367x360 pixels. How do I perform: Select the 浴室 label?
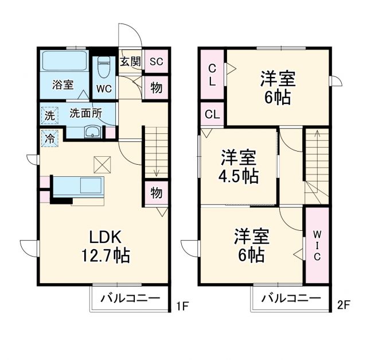pyautogui.click(x=63, y=85)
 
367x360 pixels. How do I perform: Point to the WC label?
pyautogui.click(x=104, y=89)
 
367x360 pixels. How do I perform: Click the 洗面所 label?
pyautogui.click(x=86, y=113)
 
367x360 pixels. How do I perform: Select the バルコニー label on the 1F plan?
pyautogui.click(x=130, y=298)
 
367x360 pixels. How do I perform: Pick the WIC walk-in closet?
pyautogui.click(x=317, y=246)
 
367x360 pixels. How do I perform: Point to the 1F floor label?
pyautogui.click(x=181, y=306)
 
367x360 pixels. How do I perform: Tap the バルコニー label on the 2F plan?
pyautogui.click(x=291, y=298)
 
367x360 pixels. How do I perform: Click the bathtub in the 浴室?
pyautogui.click(x=64, y=61)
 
